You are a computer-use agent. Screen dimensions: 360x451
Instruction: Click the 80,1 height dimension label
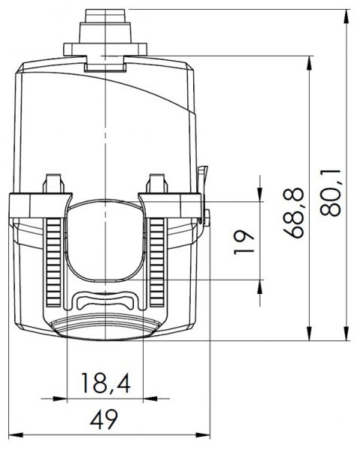click(331, 192)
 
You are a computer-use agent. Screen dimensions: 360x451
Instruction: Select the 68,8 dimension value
click(293, 213)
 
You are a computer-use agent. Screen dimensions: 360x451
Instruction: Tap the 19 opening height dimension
click(244, 241)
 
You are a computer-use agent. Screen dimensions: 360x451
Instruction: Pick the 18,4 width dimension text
click(106, 383)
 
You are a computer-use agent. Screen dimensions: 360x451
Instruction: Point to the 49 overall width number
click(104, 419)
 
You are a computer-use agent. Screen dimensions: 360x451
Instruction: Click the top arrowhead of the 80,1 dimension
click(347, 17)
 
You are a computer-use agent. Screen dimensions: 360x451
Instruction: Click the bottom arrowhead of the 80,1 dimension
click(347, 334)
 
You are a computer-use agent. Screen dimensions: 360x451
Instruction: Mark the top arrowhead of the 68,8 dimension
click(309, 62)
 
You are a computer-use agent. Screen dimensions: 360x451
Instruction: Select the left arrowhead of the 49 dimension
click(16, 435)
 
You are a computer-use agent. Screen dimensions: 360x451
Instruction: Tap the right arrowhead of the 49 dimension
click(203, 435)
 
